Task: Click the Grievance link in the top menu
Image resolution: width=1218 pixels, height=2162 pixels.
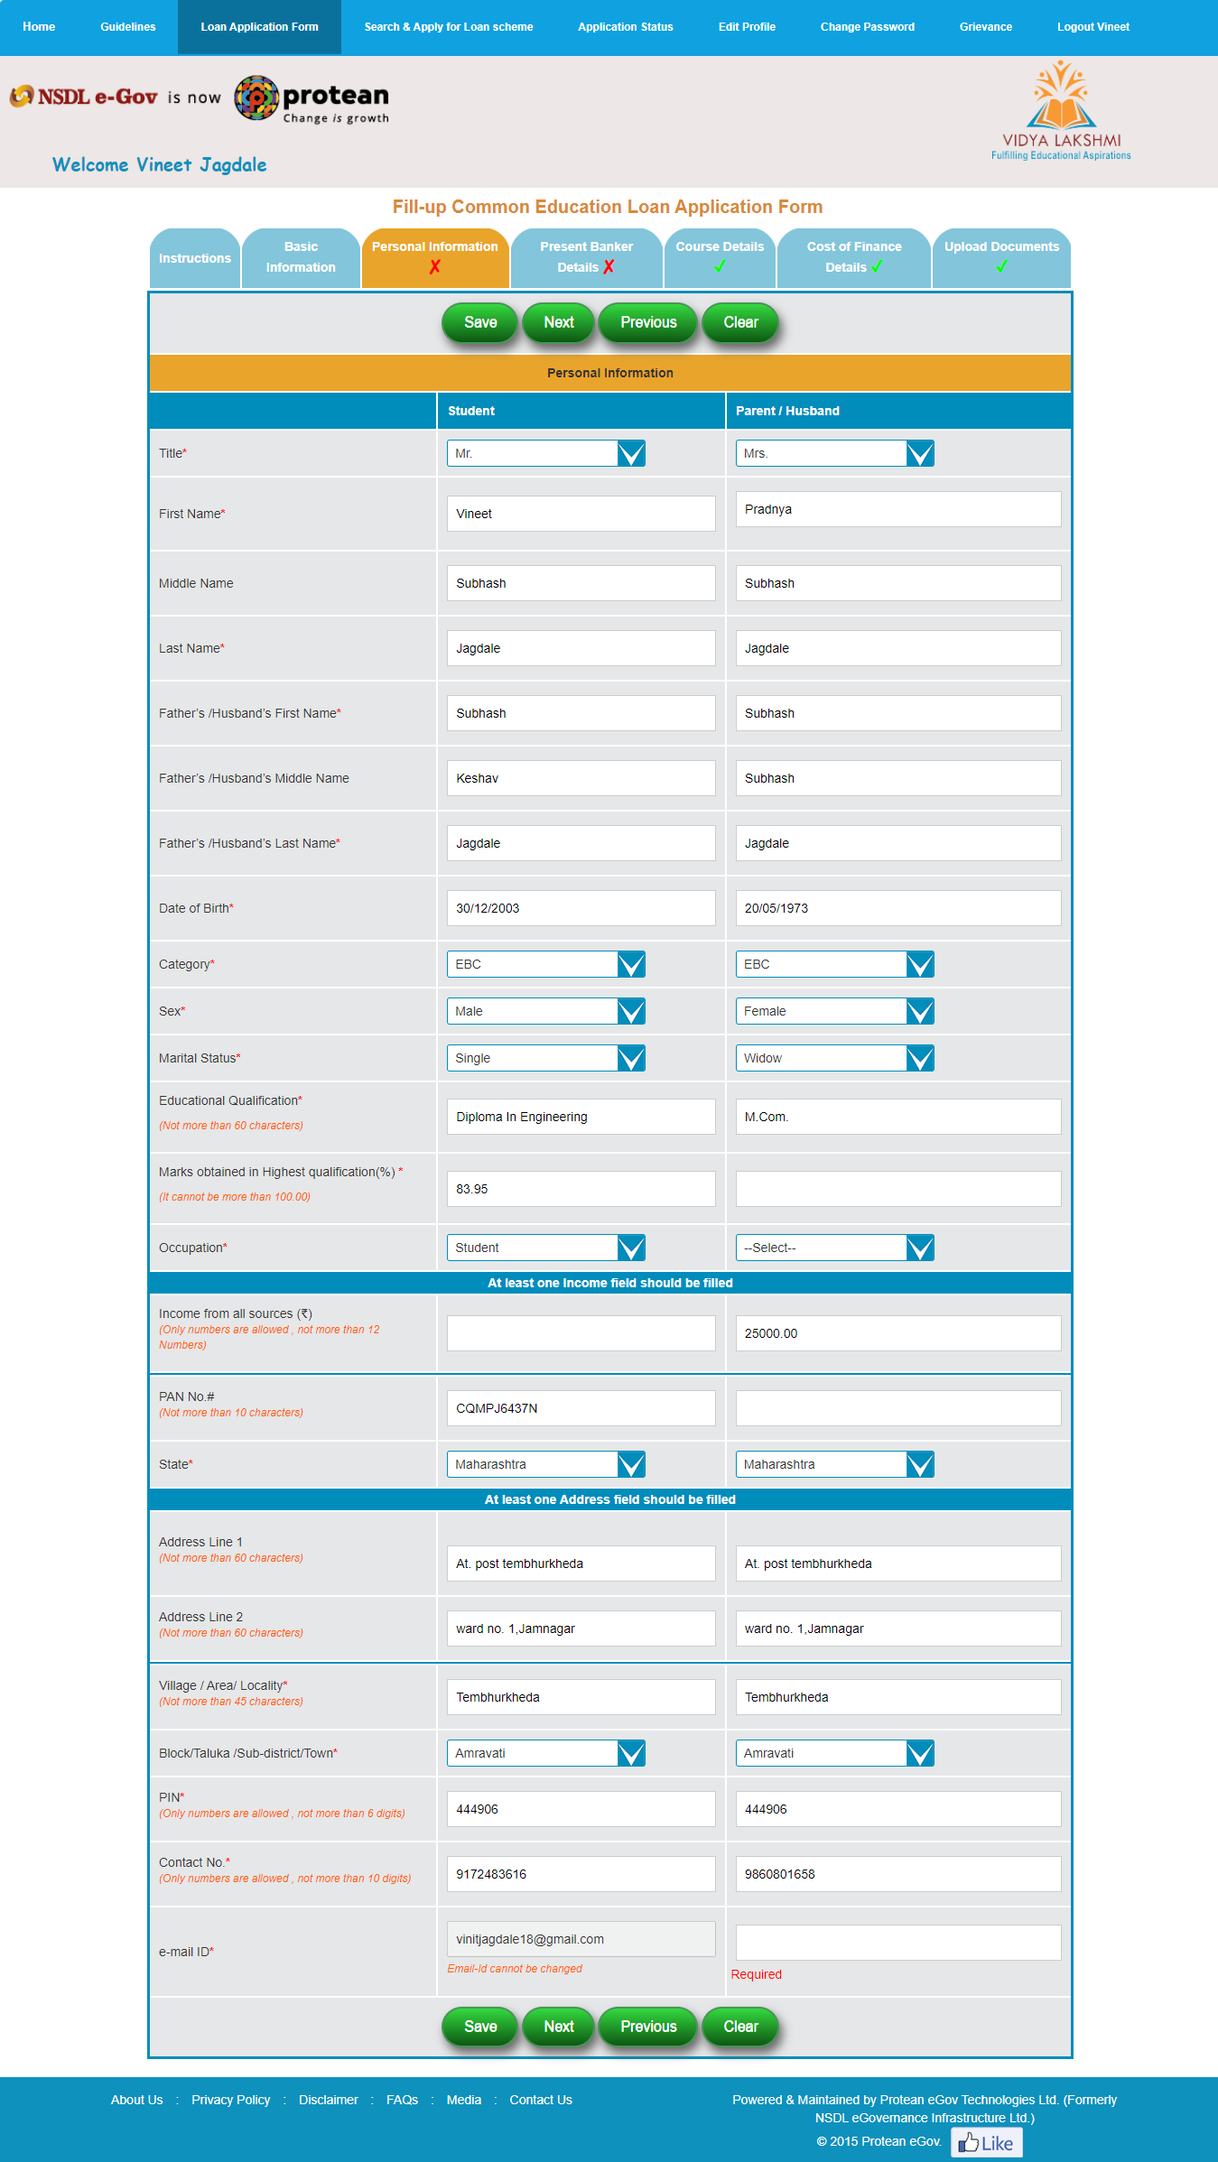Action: pos(985,27)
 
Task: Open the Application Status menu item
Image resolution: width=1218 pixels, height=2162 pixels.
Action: pos(625,27)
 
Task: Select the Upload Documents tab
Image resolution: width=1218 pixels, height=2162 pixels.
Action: pos(1001,257)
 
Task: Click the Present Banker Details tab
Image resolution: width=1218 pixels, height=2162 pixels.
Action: pos(586,257)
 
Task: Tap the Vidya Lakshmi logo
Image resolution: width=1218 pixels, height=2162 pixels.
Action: pos(1061,111)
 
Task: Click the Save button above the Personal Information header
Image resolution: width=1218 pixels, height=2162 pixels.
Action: pos(479,322)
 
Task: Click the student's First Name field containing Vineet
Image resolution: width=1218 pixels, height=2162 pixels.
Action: pos(581,514)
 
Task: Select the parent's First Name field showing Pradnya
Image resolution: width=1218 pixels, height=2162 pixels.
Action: pos(897,509)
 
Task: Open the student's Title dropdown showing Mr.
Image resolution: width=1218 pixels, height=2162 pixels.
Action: pos(545,453)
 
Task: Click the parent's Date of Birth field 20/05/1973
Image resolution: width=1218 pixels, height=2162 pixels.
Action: pos(897,908)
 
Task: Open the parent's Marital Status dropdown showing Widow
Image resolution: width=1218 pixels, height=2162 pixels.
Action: pos(834,1058)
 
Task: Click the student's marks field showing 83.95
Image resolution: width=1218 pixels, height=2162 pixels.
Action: pos(581,1189)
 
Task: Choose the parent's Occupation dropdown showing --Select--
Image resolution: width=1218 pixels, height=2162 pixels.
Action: pos(834,1248)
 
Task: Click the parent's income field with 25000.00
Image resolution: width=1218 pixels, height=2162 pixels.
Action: pos(897,1333)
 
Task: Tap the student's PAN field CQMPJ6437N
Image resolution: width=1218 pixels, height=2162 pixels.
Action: pos(581,1408)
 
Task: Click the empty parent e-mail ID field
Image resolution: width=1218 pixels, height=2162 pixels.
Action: pos(897,1943)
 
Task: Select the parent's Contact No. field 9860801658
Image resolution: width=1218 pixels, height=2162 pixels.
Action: pos(897,1874)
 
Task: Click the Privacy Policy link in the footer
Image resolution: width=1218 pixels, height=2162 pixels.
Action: pos(230,2100)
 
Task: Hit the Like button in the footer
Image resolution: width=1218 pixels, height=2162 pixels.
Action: pos(986,2143)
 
